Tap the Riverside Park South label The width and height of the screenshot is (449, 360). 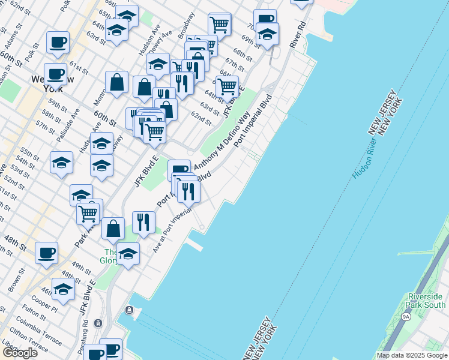426,301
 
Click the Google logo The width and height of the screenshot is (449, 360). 20,352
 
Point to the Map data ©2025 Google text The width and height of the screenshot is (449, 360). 411,355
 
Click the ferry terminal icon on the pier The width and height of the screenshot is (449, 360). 128,310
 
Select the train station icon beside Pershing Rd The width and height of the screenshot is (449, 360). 98,323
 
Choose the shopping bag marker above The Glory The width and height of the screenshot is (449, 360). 113,228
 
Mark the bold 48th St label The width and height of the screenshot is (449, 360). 16,246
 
